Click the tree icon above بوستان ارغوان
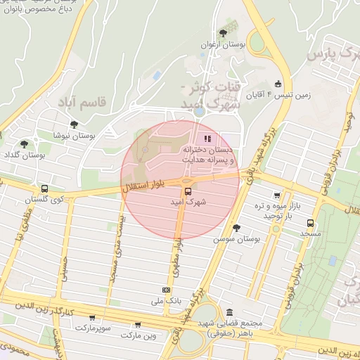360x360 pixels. click(x=223, y=32)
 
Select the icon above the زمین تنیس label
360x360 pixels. click(x=278, y=84)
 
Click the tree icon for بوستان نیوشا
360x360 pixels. click(x=74, y=124)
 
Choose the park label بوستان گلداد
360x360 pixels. click(x=22, y=154)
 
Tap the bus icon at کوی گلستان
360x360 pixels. click(x=45, y=189)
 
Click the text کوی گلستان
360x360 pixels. click(x=44, y=200)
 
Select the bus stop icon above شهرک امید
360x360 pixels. click(x=188, y=191)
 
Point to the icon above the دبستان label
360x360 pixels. click(x=207, y=139)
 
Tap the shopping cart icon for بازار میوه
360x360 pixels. click(x=277, y=195)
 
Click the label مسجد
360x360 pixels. click(x=310, y=231)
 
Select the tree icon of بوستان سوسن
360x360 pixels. click(x=236, y=227)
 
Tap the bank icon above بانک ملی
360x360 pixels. click(x=167, y=289)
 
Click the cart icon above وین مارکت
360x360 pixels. click(x=138, y=325)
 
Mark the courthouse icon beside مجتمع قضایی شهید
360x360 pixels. click(x=230, y=313)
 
